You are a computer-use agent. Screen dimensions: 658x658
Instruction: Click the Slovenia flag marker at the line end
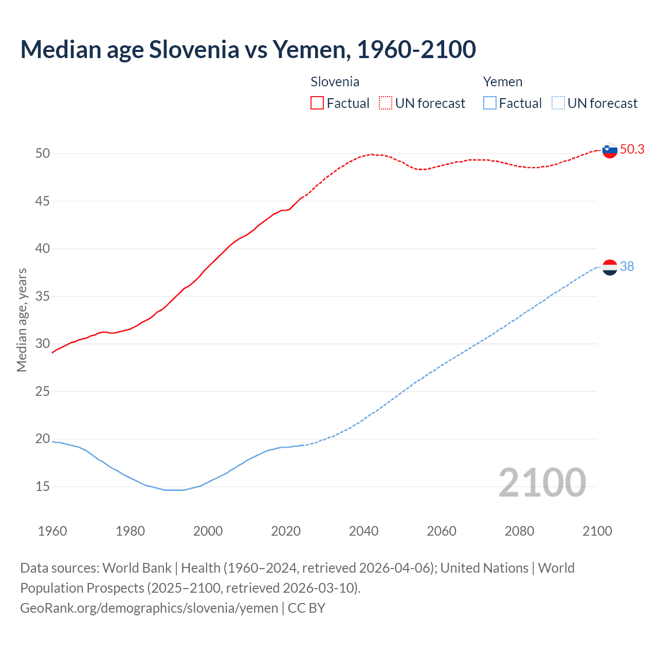tap(609, 151)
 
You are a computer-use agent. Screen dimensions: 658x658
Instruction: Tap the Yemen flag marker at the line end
tap(609, 267)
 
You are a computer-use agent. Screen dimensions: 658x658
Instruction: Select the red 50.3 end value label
tap(632, 149)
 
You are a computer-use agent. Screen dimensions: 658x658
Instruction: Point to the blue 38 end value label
tap(627, 266)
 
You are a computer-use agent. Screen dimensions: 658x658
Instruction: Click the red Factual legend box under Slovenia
tap(317, 103)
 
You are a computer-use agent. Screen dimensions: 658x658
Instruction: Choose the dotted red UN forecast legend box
tap(386, 103)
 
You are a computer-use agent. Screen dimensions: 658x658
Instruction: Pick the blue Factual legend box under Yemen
tap(490, 103)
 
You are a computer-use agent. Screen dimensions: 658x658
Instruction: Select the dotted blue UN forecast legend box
tap(558, 103)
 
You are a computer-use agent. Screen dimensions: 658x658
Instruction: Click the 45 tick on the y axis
tap(43, 201)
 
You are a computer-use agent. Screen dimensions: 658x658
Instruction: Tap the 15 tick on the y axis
tap(43, 486)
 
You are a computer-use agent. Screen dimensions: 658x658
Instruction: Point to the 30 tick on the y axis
tap(43, 343)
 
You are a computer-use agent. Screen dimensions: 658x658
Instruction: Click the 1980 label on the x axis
tap(130, 531)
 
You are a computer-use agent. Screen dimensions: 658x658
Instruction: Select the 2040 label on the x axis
tap(363, 531)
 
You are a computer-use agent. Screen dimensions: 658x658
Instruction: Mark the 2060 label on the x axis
tap(442, 531)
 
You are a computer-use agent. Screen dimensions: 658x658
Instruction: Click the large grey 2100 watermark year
tap(542, 483)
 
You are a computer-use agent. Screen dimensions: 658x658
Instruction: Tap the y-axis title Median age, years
tap(22, 320)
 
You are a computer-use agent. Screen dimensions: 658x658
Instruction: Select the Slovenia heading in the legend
tap(335, 82)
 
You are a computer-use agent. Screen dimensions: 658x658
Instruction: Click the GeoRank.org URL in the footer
tap(149, 608)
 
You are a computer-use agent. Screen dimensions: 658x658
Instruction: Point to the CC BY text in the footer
tap(306, 608)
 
